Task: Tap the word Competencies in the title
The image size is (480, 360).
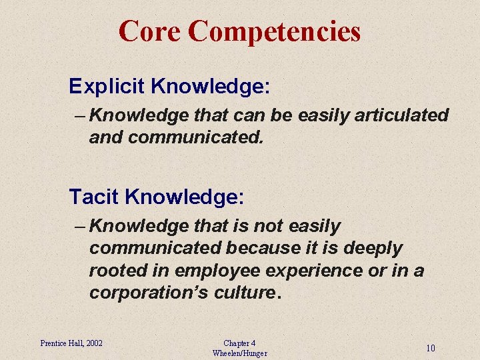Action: coord(274,31)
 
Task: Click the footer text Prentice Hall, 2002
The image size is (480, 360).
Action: coord(71,343)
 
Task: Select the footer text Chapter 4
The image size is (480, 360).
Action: coord(239,343)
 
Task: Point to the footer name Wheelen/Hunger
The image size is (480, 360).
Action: coord(239,353)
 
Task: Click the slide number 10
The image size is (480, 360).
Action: coord(431,348)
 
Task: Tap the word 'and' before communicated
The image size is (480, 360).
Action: coord(106,137)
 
